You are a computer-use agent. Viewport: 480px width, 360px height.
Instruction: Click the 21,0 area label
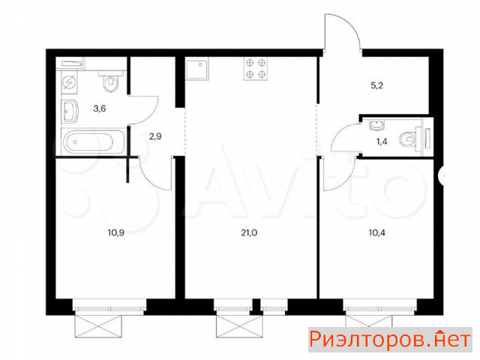click(x=249, y=233)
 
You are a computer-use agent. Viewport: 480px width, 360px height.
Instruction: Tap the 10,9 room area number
click(x=116, y=233)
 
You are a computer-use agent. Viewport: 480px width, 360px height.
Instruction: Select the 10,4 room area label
click(x=376, y=233)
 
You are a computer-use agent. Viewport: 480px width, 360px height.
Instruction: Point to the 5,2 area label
click(x=376, y=85)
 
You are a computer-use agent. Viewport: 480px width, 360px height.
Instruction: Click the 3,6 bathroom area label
click(x=100, y=108)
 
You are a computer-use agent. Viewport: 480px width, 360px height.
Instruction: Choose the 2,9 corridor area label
click(x=155, y=136)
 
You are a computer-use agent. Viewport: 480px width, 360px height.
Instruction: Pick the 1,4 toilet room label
click(x=382, y=142)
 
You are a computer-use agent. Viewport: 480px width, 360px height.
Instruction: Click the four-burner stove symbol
click(x=256, y=68)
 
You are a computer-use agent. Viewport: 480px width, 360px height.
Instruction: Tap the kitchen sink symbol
click(x=197, y=69)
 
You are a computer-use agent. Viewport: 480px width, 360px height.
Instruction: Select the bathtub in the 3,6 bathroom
click(x=93, y=142)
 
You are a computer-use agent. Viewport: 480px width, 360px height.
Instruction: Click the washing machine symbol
click(x=69, y=82)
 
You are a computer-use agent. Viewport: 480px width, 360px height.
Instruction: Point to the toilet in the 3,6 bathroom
click(x=111, y=81)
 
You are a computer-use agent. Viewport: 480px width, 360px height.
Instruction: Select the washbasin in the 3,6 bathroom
click(x=70, y=111)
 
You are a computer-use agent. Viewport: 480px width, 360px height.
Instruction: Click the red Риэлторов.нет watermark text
click(x=390, y=340)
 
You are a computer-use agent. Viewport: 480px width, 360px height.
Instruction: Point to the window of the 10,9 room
click(x=109, y=307)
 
